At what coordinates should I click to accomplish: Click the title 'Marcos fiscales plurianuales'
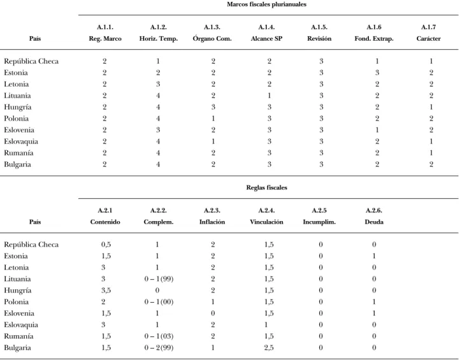(x=266, y=4)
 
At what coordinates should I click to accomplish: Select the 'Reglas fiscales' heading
(x=267, y=188)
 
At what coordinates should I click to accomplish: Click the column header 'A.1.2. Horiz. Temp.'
(x=159, y=33)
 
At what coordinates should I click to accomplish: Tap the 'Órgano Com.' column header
(x=212, y=38)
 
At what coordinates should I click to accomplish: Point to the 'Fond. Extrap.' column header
(x=374, y=39)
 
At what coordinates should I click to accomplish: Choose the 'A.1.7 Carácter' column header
(x=428, y=33)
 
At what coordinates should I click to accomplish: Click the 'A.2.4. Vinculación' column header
(x=266, y=216)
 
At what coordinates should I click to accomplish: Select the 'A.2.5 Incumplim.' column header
(x=319, y=216)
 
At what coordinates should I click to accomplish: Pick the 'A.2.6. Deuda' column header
(x=374, y=216)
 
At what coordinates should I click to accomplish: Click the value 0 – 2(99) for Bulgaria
(x=159, y=348)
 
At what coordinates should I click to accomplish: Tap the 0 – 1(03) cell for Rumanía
(x=159, y=336)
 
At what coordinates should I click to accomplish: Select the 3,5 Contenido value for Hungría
(x=106, y=291)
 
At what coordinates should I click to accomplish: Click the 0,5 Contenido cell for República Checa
(x=106, y=245)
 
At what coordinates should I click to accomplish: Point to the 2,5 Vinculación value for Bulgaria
(x=269, y=348)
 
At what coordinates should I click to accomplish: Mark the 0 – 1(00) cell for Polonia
(x=159, y=302)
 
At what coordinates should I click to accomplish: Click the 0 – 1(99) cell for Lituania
(x=159, y=279)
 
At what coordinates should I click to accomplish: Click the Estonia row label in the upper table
(x=16, y=73)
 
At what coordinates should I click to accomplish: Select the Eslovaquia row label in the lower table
(x=21, y=325)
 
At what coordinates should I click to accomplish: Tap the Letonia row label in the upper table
(x=17, y=84)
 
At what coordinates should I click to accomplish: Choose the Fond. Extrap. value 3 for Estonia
(x=377, y=73)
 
